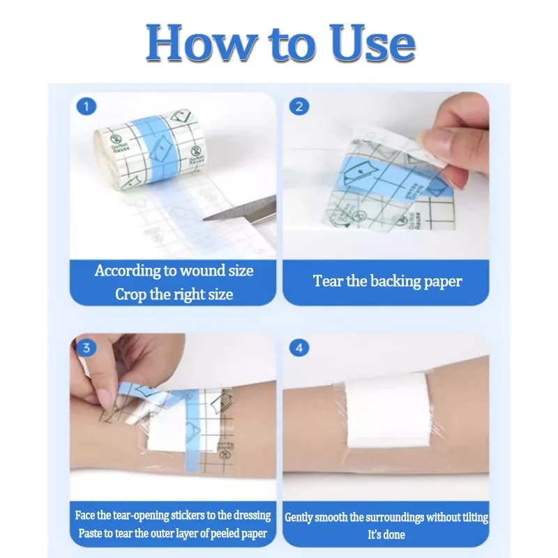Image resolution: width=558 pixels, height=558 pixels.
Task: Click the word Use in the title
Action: [x=372, y=43]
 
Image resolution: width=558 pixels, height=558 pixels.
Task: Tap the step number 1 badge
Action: [x=86, y=107]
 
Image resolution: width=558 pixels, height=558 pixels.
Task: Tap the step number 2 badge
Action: [x=299, y=107]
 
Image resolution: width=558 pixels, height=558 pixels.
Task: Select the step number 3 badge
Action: [x=86, y=347]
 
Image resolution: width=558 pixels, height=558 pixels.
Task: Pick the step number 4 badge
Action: [x=299, y=347]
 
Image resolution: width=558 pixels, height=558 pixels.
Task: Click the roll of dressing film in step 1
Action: [x=150, y=149]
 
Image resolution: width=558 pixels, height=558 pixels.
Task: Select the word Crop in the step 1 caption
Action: [x=130, y=294]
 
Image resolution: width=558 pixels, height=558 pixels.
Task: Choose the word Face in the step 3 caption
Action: [x=84, y=515]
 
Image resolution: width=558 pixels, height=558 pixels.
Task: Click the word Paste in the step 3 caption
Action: [x=89, y=534]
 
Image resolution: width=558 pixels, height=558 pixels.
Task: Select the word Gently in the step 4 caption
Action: [x=299, y=518]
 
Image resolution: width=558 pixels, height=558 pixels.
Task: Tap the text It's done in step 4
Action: [x=386, y=534]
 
